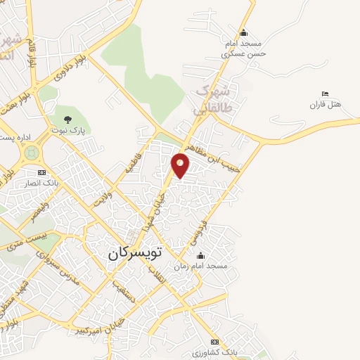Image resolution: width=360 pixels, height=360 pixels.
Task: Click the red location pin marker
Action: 181,165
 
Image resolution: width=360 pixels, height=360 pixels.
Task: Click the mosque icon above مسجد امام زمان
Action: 201,255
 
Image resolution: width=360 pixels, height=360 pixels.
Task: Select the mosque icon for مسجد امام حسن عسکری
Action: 243,32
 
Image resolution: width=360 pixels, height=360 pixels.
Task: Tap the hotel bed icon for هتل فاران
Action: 324,94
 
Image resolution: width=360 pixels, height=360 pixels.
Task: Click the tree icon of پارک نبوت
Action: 68,120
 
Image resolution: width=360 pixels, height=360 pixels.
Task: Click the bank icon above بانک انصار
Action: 41,172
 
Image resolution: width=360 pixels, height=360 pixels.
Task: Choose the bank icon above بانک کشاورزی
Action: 215,341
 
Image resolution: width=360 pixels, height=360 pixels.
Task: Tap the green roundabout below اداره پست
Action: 31,151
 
